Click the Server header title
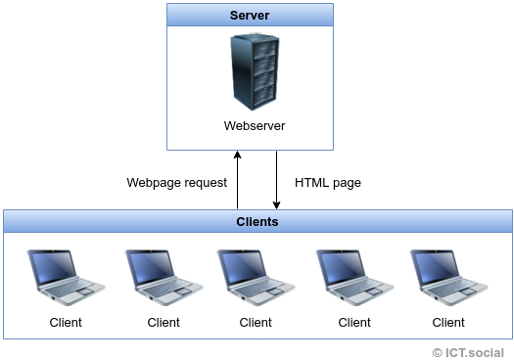click(x=249, y=16)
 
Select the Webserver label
click(x=254, y=126)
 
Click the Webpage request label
click(x=176, y=182)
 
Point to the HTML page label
click(x=328, y=182)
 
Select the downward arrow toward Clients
click(x=277, y=180)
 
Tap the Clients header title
click(x=257, y=222)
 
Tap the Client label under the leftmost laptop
click(x=66, y=322)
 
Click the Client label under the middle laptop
click(x=256, y=322)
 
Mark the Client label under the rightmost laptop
click(x=448, y=322)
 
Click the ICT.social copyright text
click(x=468, y=351)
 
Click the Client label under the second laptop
click(x=164, y=322)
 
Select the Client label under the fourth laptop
click(x=354, y=322)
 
